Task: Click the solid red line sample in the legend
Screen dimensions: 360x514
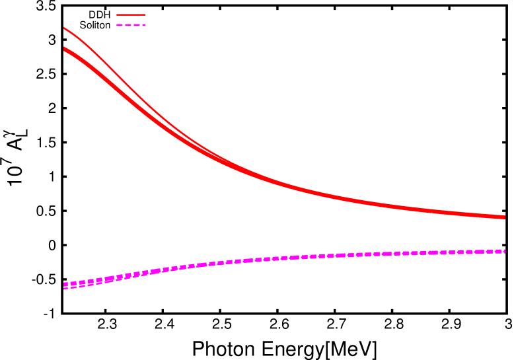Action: pyautogui.click(x=130, y=15)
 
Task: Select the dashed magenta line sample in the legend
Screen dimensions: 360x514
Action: pyautogui.click(x=130, y=25)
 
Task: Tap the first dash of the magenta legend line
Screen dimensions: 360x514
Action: pyautogui.click(x=120, y=25)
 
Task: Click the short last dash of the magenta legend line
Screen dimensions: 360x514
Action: pyautogui.click(x=143, y=25)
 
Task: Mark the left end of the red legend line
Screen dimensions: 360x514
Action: pyautogui.click(x=117, y=15)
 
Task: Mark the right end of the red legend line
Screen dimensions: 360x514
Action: pyautogui.click(x=144, y=15)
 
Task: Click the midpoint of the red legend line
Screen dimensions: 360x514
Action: pyautogui.click(x=130, y=15)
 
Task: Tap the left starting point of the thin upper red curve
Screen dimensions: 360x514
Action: pyautogui.click(x=64, y=28)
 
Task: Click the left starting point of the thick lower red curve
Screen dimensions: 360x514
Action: pyautogui.click(x=64, y=49)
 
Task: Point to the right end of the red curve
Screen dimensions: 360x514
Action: pyautogui.click(x=504, y=217)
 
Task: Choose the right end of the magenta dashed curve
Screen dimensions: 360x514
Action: pyautogui.click(x=504, y=251)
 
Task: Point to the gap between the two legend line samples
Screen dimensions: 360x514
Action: pyautogui.click(x=130, y=20)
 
